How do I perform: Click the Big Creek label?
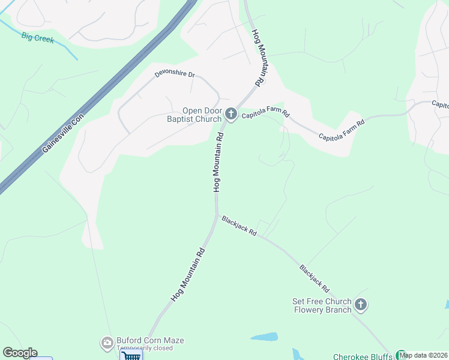(x=38, y=38)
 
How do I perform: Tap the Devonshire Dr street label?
(x=175, y=74)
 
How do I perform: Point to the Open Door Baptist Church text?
(x=203, y=114)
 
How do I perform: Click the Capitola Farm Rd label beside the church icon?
(x=266, y=114)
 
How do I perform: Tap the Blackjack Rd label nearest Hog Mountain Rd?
(x=239, y=226)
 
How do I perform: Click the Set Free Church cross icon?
(x=360, y=305)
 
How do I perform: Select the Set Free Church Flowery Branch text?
(x=322, y=305)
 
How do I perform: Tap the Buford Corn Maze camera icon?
(x=106, y=342)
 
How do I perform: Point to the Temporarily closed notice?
(x=145, y=349)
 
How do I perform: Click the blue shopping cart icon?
(x=131, y=355)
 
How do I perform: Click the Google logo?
(x=20, y=353)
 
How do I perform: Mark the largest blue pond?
(x=264, y=337)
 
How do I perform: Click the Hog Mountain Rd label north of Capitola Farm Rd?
(x=258, y=58)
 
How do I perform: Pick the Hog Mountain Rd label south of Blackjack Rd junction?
(x=188, y=274)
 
